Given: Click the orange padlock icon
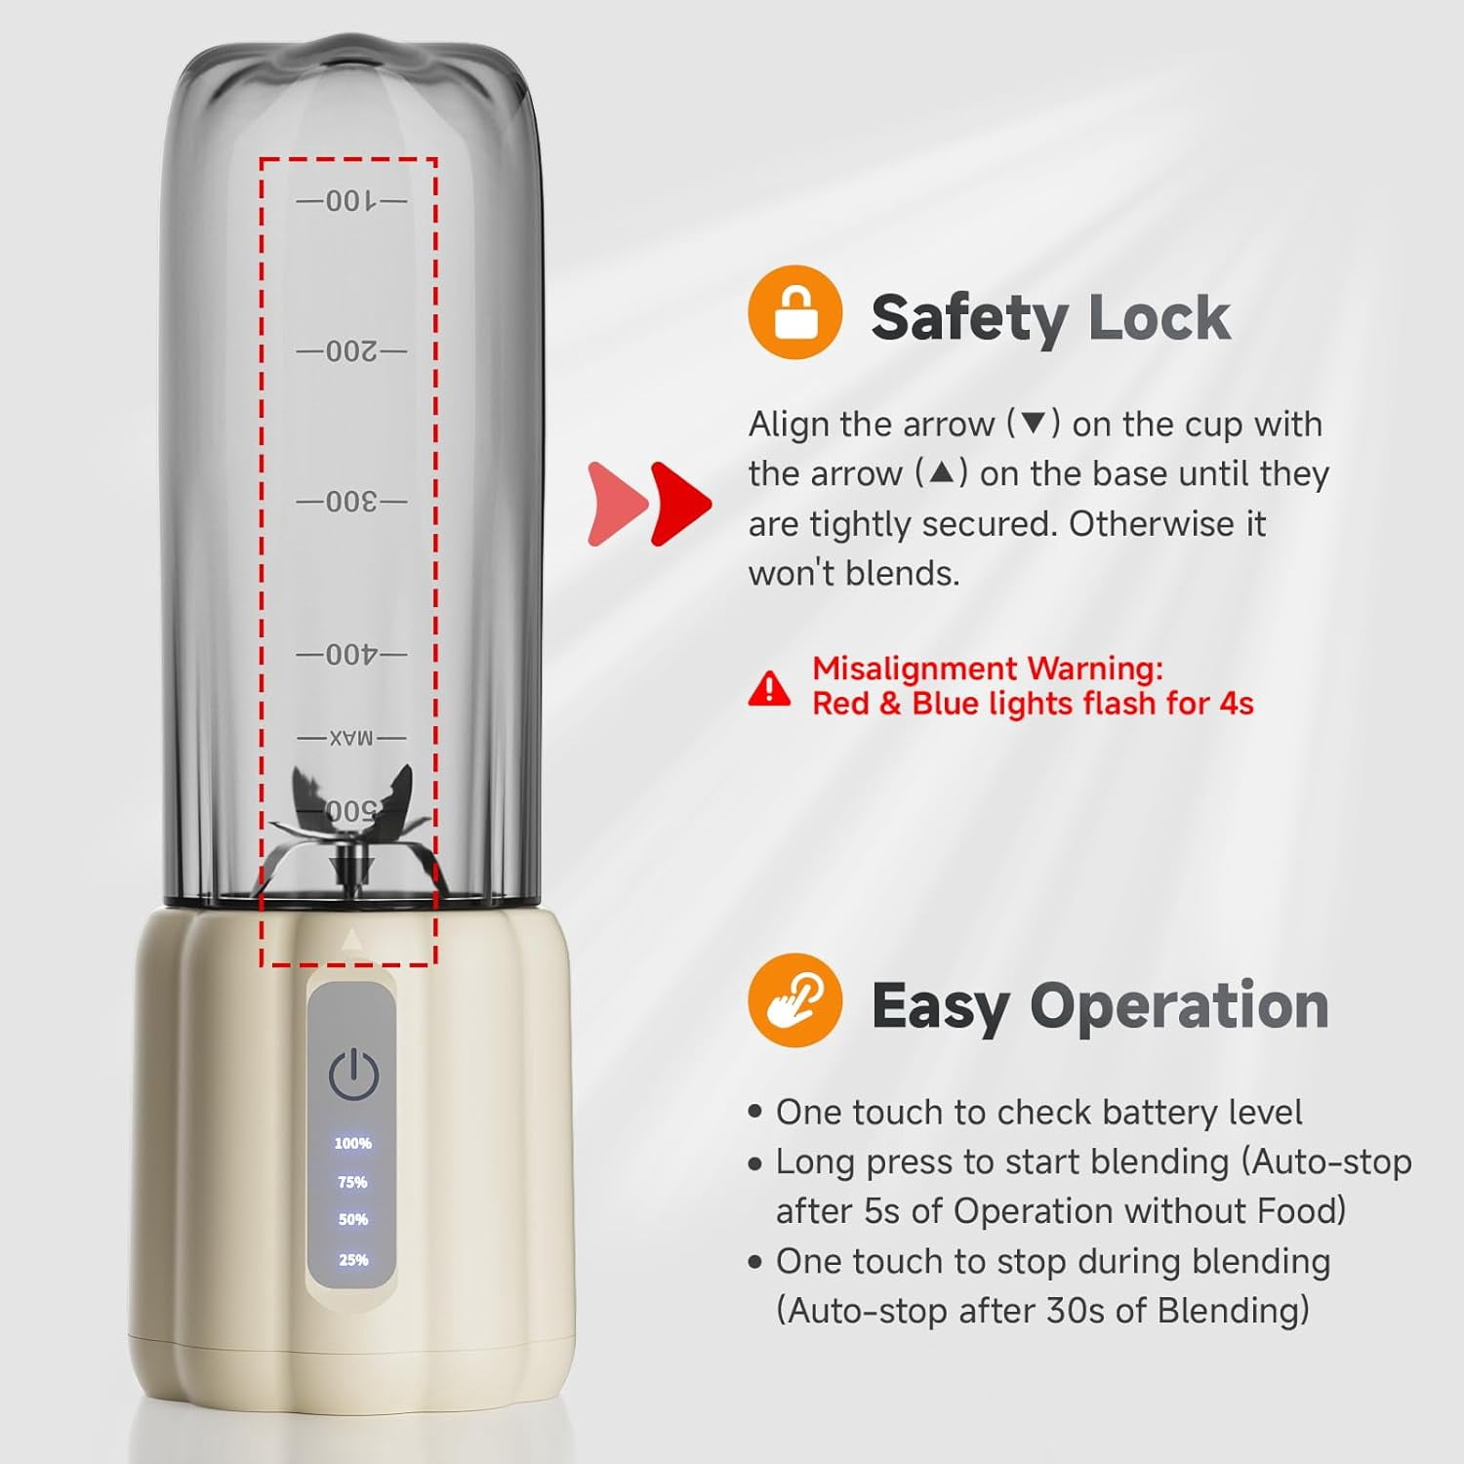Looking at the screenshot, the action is (794, 312).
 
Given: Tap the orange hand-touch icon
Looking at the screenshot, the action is (794, 1000).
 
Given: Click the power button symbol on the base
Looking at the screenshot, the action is (352, 1074).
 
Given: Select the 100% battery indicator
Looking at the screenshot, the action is (352, 1143).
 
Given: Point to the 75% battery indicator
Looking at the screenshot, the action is (352, 1182).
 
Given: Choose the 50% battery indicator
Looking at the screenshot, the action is (352, 1219).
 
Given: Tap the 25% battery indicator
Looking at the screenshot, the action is (352, 1260).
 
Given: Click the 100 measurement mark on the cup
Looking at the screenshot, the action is (351, 201).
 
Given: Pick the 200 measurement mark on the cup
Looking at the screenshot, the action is (351, 350).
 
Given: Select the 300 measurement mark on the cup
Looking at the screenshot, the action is (351, 502).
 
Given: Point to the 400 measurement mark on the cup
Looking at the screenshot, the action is (351, 654).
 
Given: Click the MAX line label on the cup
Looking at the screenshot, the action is (351, 738).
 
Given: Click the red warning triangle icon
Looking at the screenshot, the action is (770, 688).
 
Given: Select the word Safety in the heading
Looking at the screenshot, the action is (969, 319).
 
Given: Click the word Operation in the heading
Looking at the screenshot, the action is (1179, 1006).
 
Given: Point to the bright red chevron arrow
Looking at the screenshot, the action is (681, 504).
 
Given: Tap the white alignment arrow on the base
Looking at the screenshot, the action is (351, 939).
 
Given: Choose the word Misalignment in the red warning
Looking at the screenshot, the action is (915, 670).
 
